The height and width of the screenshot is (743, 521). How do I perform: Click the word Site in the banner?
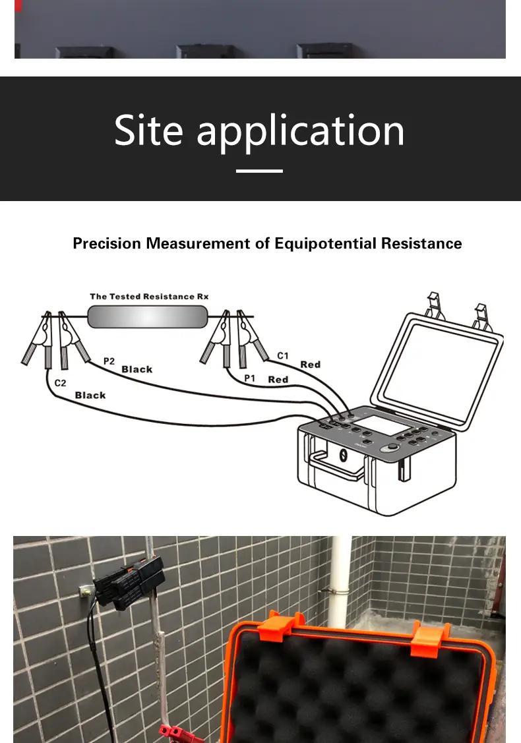tap(148, 130)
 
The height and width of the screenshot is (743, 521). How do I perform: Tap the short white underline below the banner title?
tap(259, 171)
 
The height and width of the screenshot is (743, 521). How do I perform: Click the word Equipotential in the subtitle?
tap(326, 243)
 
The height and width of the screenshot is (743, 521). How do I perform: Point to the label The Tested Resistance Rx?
tap(149, 297)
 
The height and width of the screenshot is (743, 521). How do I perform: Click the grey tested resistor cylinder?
tap(148, 316)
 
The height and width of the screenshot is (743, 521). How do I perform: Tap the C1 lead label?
tap(283, 355)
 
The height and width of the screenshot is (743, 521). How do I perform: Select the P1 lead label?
tap(249, 378)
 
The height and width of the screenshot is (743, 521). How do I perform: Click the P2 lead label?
tap(109, 361)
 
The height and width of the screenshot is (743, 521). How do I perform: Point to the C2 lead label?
tap(60, 383)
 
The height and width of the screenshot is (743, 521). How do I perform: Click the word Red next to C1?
tap(311, 365)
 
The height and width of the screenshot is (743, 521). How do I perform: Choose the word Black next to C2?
tap(90, 395)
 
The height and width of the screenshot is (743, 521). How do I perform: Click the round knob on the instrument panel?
tap(392, 446)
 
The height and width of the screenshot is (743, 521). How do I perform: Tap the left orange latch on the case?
tap(282, 625)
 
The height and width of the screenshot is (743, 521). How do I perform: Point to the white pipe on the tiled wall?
tap(340, 583)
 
